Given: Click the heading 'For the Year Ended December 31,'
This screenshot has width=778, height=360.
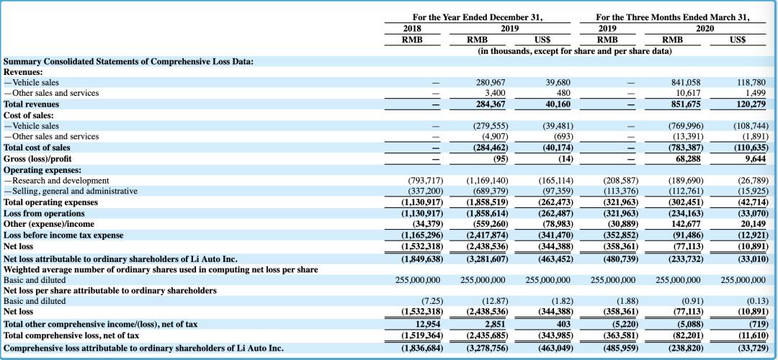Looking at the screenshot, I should pyautogui.click(x=477, y=17).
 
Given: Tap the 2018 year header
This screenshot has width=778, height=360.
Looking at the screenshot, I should pyautogui.click(x=412, y=28).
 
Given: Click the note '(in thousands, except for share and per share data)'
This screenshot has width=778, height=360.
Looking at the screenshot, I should pyautogui.click(x=574, y=50).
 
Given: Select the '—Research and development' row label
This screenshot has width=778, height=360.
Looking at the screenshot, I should pyautogui.click(x=56, y=180).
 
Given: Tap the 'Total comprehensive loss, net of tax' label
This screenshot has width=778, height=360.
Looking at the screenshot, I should pyautogui.click(x=71, y=336).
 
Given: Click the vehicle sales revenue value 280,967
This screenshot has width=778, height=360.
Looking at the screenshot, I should pyautogui.click(x=490, y=83).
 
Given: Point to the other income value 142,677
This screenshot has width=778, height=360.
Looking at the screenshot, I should pyautogui.click(x=685, y=224).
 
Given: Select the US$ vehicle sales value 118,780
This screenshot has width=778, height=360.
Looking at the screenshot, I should pyautogui.click(x=751, y=83).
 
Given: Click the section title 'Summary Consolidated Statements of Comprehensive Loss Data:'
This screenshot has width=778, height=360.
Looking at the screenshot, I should pyautogui.click(x=128, y=61).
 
